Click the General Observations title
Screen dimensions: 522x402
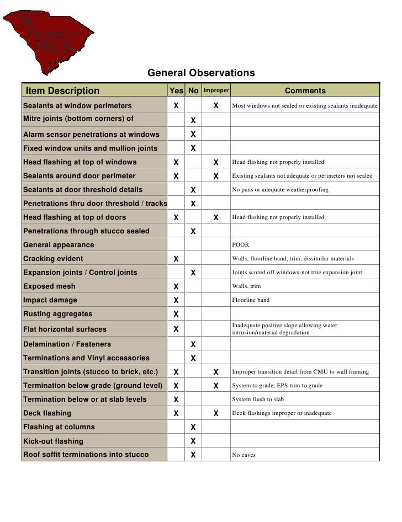tap(200, 73)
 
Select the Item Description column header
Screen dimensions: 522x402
tap(62, 91)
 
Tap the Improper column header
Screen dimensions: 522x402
tap(216, 90)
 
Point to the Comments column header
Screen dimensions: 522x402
tap(305, 91)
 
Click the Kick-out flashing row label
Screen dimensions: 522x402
tap(53, 441)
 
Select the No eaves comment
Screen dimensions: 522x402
tap(244, 455)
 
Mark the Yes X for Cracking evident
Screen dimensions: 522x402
tap(176, 259)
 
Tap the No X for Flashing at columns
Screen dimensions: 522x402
tap(193, 427)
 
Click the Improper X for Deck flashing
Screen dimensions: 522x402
tap(216, 413)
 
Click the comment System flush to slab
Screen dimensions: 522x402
tap(258, 400)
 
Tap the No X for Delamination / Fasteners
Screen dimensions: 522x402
tap(193, 344)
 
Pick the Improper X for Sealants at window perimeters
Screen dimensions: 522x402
tap(216, 105)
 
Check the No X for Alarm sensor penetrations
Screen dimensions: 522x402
tap(193, 134)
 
